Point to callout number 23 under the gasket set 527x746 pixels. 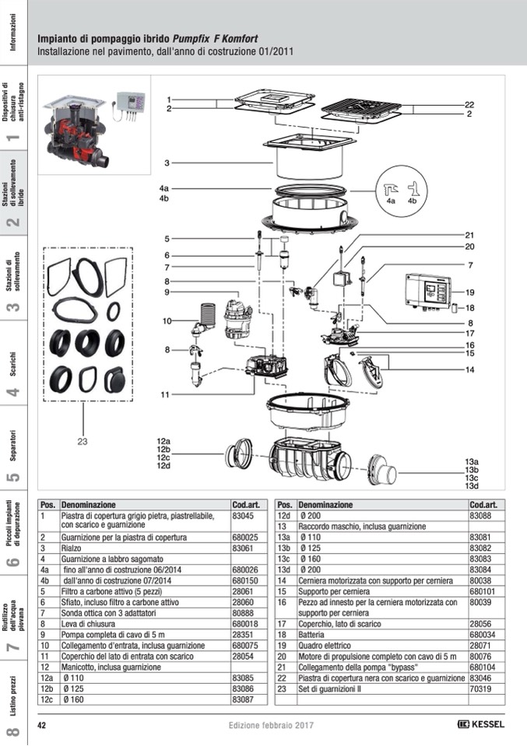83,442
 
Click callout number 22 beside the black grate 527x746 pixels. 469,104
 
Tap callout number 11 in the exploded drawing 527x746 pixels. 165,394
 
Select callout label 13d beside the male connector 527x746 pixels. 472,486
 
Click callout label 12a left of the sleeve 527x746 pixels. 163,442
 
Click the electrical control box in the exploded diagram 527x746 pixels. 427,290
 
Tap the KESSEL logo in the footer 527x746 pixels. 480,724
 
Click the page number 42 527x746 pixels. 44,725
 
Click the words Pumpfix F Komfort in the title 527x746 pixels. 216,38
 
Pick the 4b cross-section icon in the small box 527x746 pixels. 412,190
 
